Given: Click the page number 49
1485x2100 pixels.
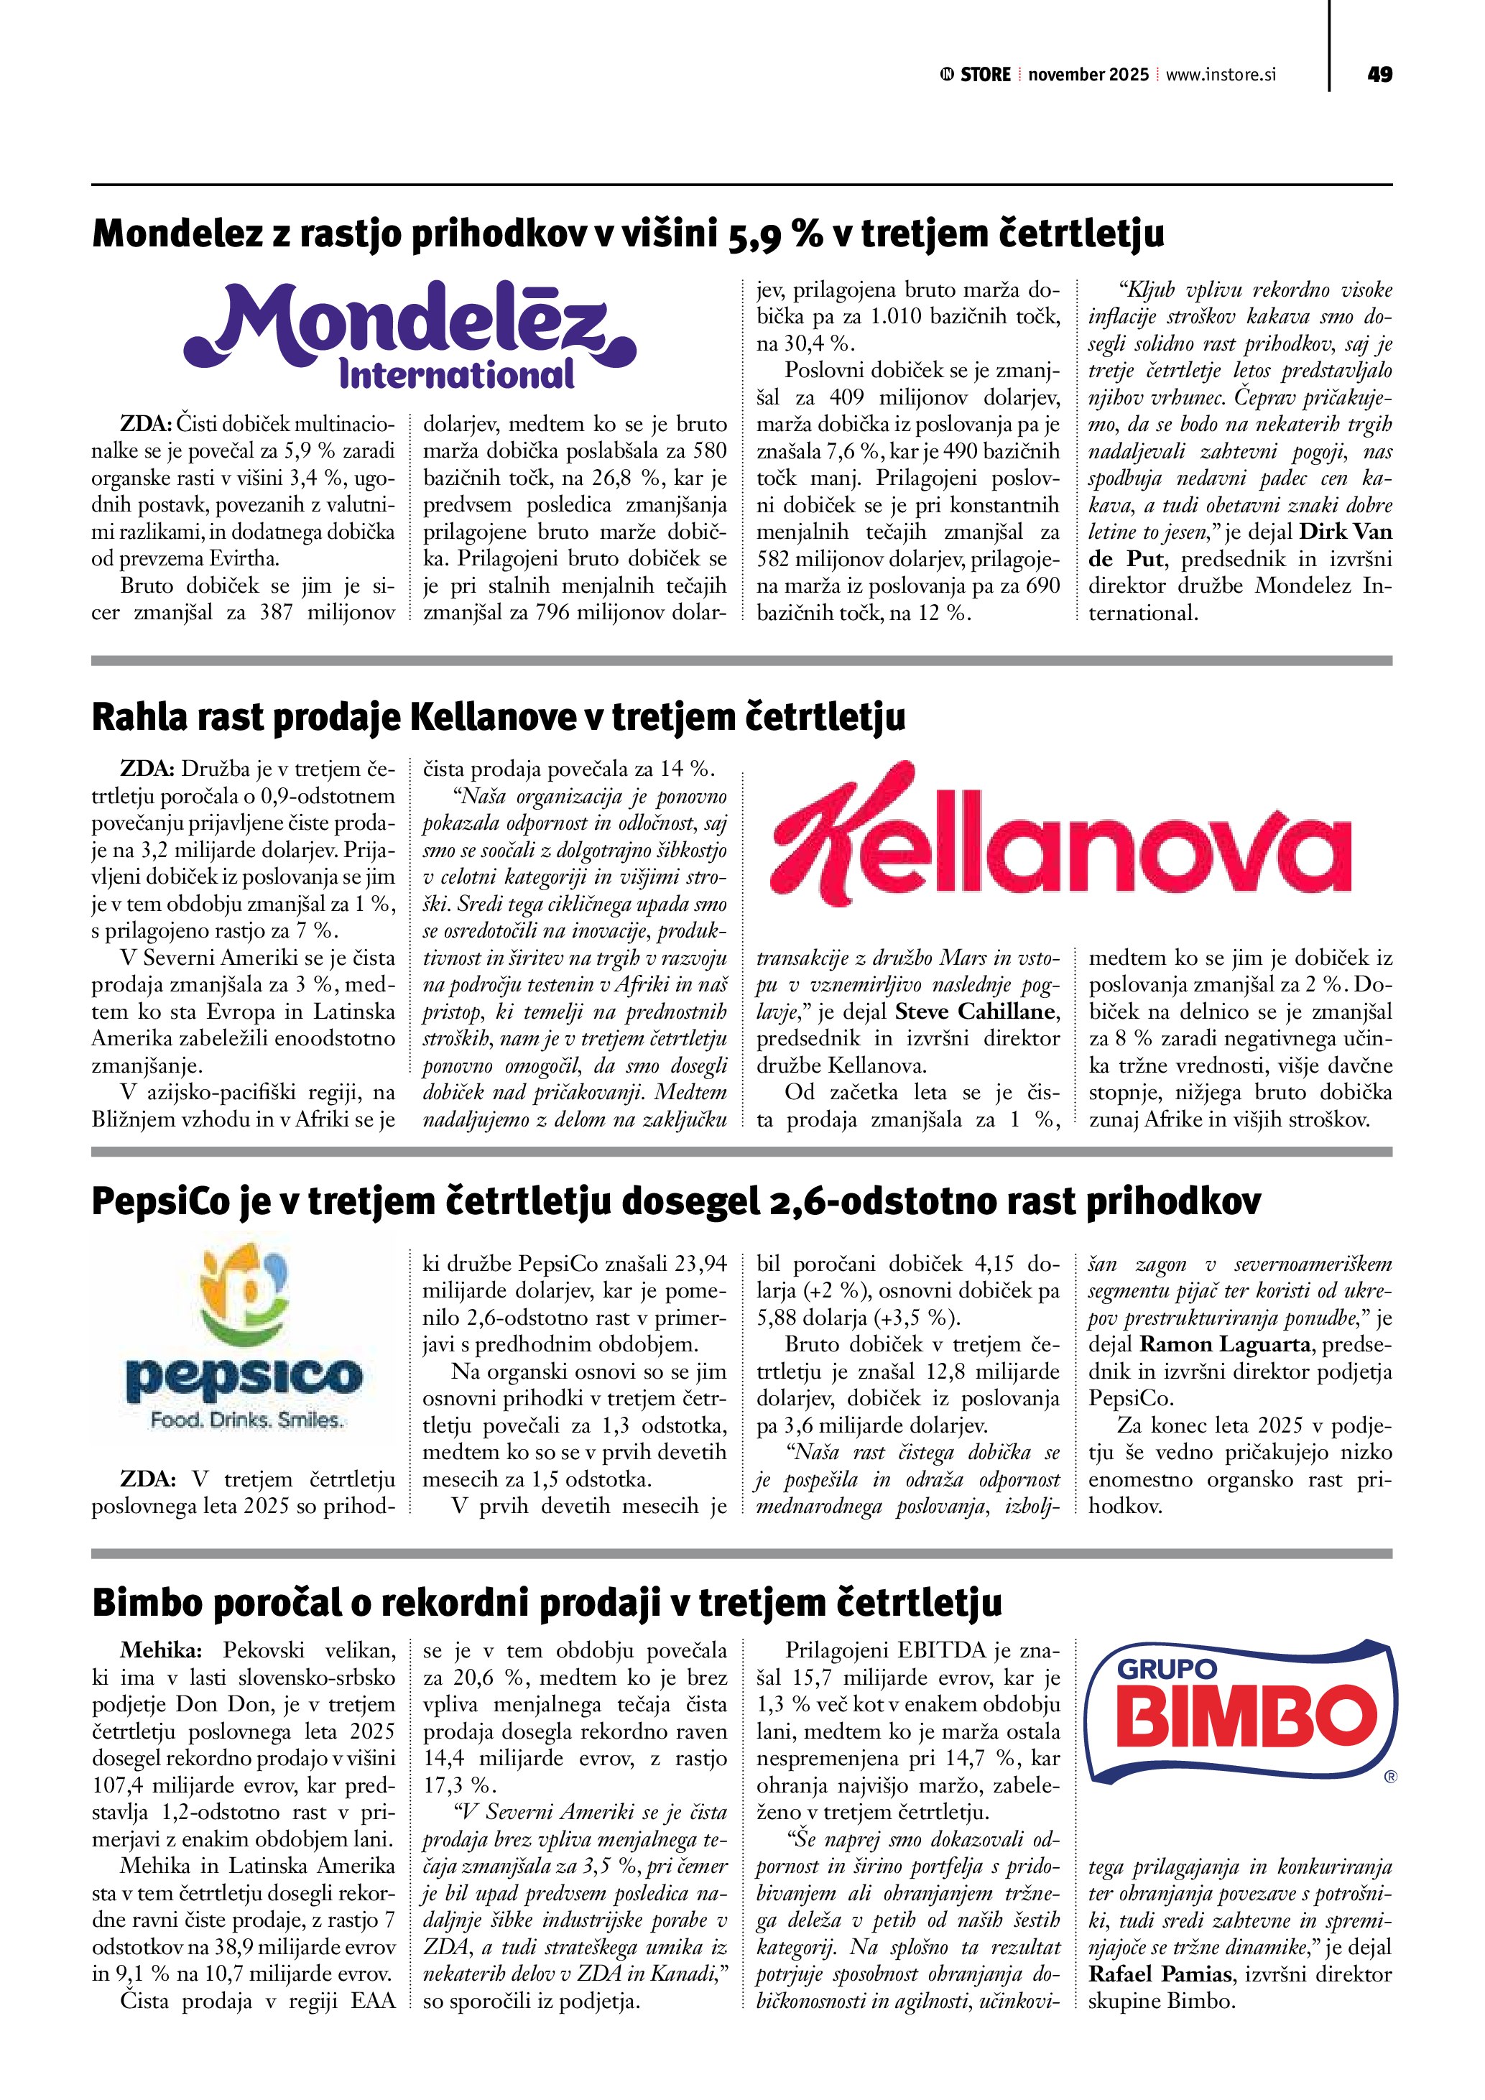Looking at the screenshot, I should (1380, 74).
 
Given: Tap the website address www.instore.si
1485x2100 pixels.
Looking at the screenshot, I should (1221, 75).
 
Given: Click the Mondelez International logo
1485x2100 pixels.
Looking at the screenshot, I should (410, 336).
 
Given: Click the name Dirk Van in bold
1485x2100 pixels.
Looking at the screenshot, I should (1346, 532).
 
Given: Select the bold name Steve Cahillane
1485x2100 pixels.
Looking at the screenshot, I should (976, 1012).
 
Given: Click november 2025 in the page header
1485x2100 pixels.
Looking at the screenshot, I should (1088, 75).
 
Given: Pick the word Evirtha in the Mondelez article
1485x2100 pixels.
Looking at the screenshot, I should (245, 559).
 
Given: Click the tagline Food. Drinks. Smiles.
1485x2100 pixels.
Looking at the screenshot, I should (247, 1420).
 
